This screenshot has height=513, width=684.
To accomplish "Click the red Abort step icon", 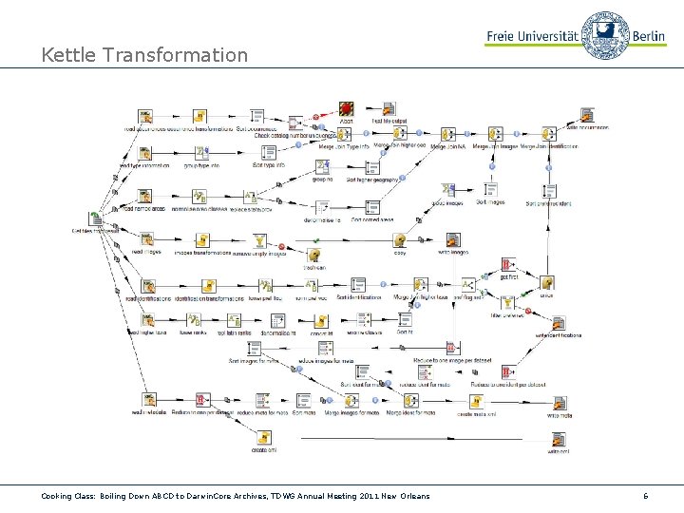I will [x=347, y=109].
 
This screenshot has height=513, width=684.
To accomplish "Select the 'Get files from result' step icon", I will [x=96, y=218].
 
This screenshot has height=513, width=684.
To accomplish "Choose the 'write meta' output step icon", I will [x=559, y=403].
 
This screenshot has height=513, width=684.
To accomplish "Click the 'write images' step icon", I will [x=453, y=239].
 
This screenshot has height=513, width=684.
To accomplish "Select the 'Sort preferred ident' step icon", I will [x=548, y=189].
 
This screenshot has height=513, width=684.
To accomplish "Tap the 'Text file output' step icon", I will [x=389, y=109].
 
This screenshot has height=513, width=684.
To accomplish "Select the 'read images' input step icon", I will [x=147, y=239].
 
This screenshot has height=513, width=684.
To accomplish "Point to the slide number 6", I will [x=645, y=496].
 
